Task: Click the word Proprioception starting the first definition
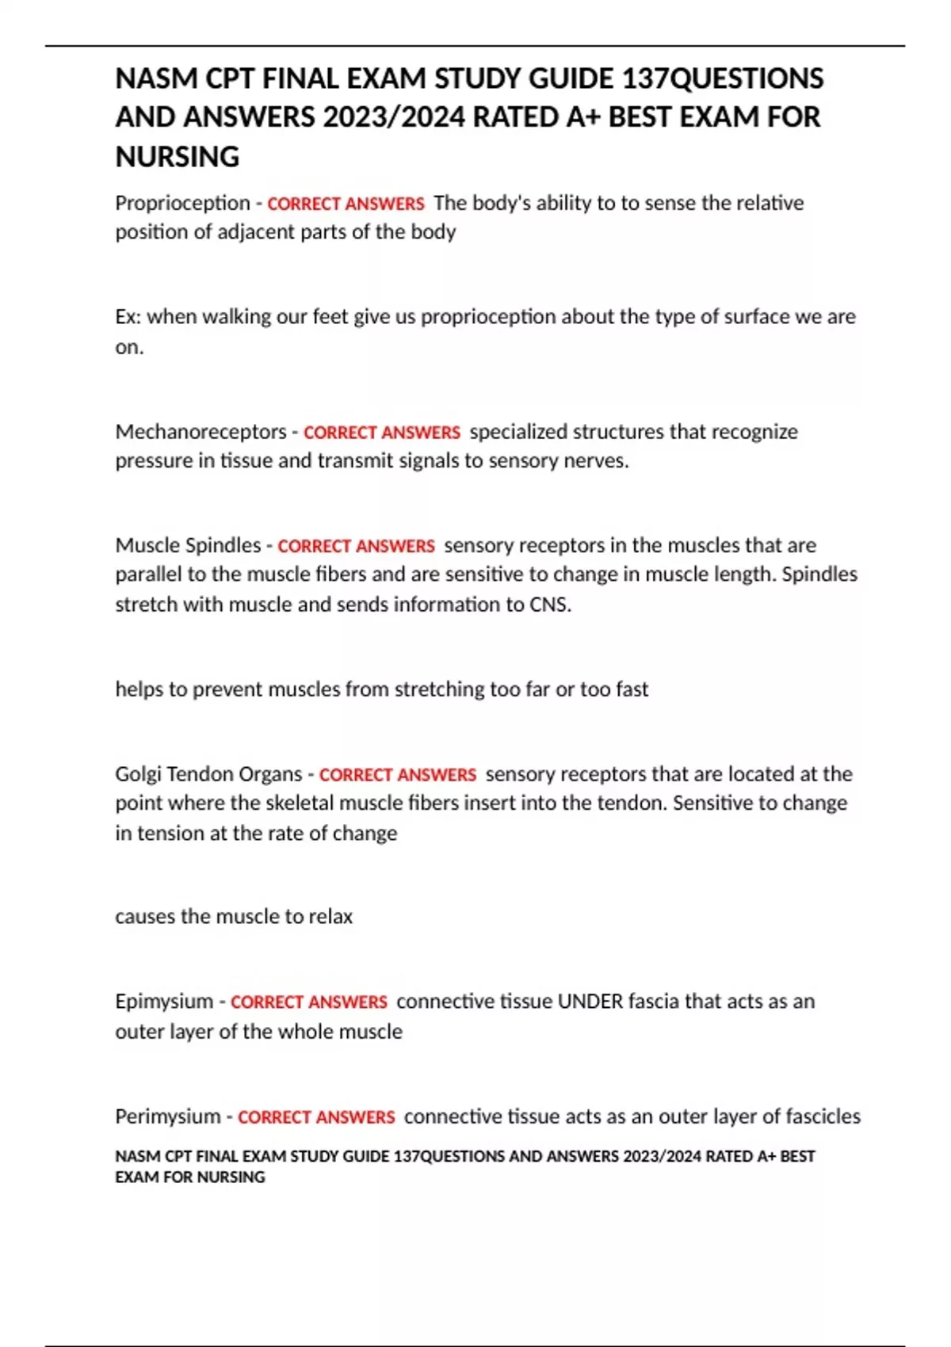point(182,204)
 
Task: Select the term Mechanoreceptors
point(201,432)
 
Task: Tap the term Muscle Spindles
point(188,545)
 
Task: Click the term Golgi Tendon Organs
point(208,774)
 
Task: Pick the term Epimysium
point(164,1002)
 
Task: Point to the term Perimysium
point(168,1116)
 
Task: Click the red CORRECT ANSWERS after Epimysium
point(309,1002)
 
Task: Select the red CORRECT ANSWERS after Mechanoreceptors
point(382,433)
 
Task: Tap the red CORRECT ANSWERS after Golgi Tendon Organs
point(398,775)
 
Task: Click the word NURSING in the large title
point(178,157)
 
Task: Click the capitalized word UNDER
point(590,1002)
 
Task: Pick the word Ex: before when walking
point(128,317)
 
